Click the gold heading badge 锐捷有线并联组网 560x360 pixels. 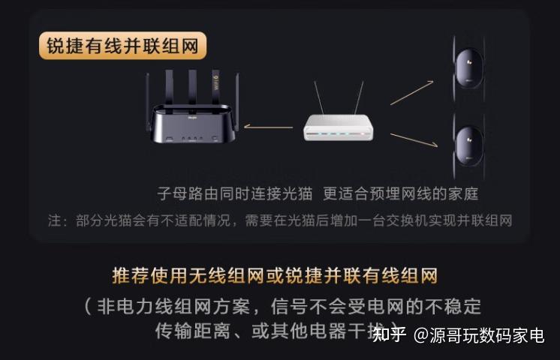(122, 46)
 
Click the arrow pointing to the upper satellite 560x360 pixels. (412, 92)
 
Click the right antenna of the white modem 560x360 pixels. (358, 97)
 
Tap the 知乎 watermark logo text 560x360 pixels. (390, 334)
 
